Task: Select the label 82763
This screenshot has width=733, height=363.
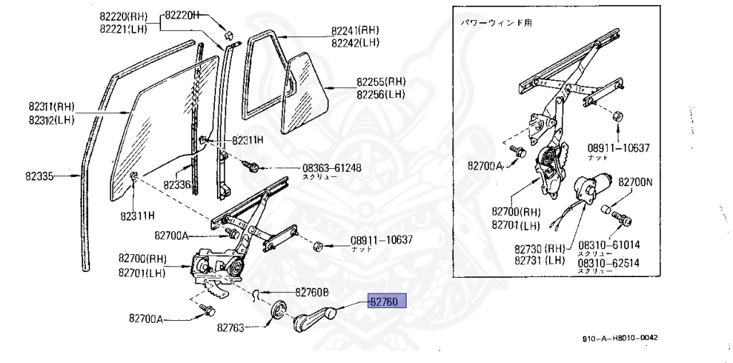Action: click(232, 329)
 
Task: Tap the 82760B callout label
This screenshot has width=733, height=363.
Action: click(311, 292)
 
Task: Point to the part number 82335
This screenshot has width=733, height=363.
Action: click(41, 175)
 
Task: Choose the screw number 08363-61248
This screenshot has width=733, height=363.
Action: click(331, 168)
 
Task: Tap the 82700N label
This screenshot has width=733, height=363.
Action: click(636, 183)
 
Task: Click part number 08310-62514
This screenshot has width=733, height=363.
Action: click(608, 263)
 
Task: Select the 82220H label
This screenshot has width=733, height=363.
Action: click(183, 15)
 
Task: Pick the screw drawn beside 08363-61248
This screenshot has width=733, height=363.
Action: click(252, 167)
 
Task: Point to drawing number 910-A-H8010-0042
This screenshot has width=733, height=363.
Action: click(618, 338)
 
